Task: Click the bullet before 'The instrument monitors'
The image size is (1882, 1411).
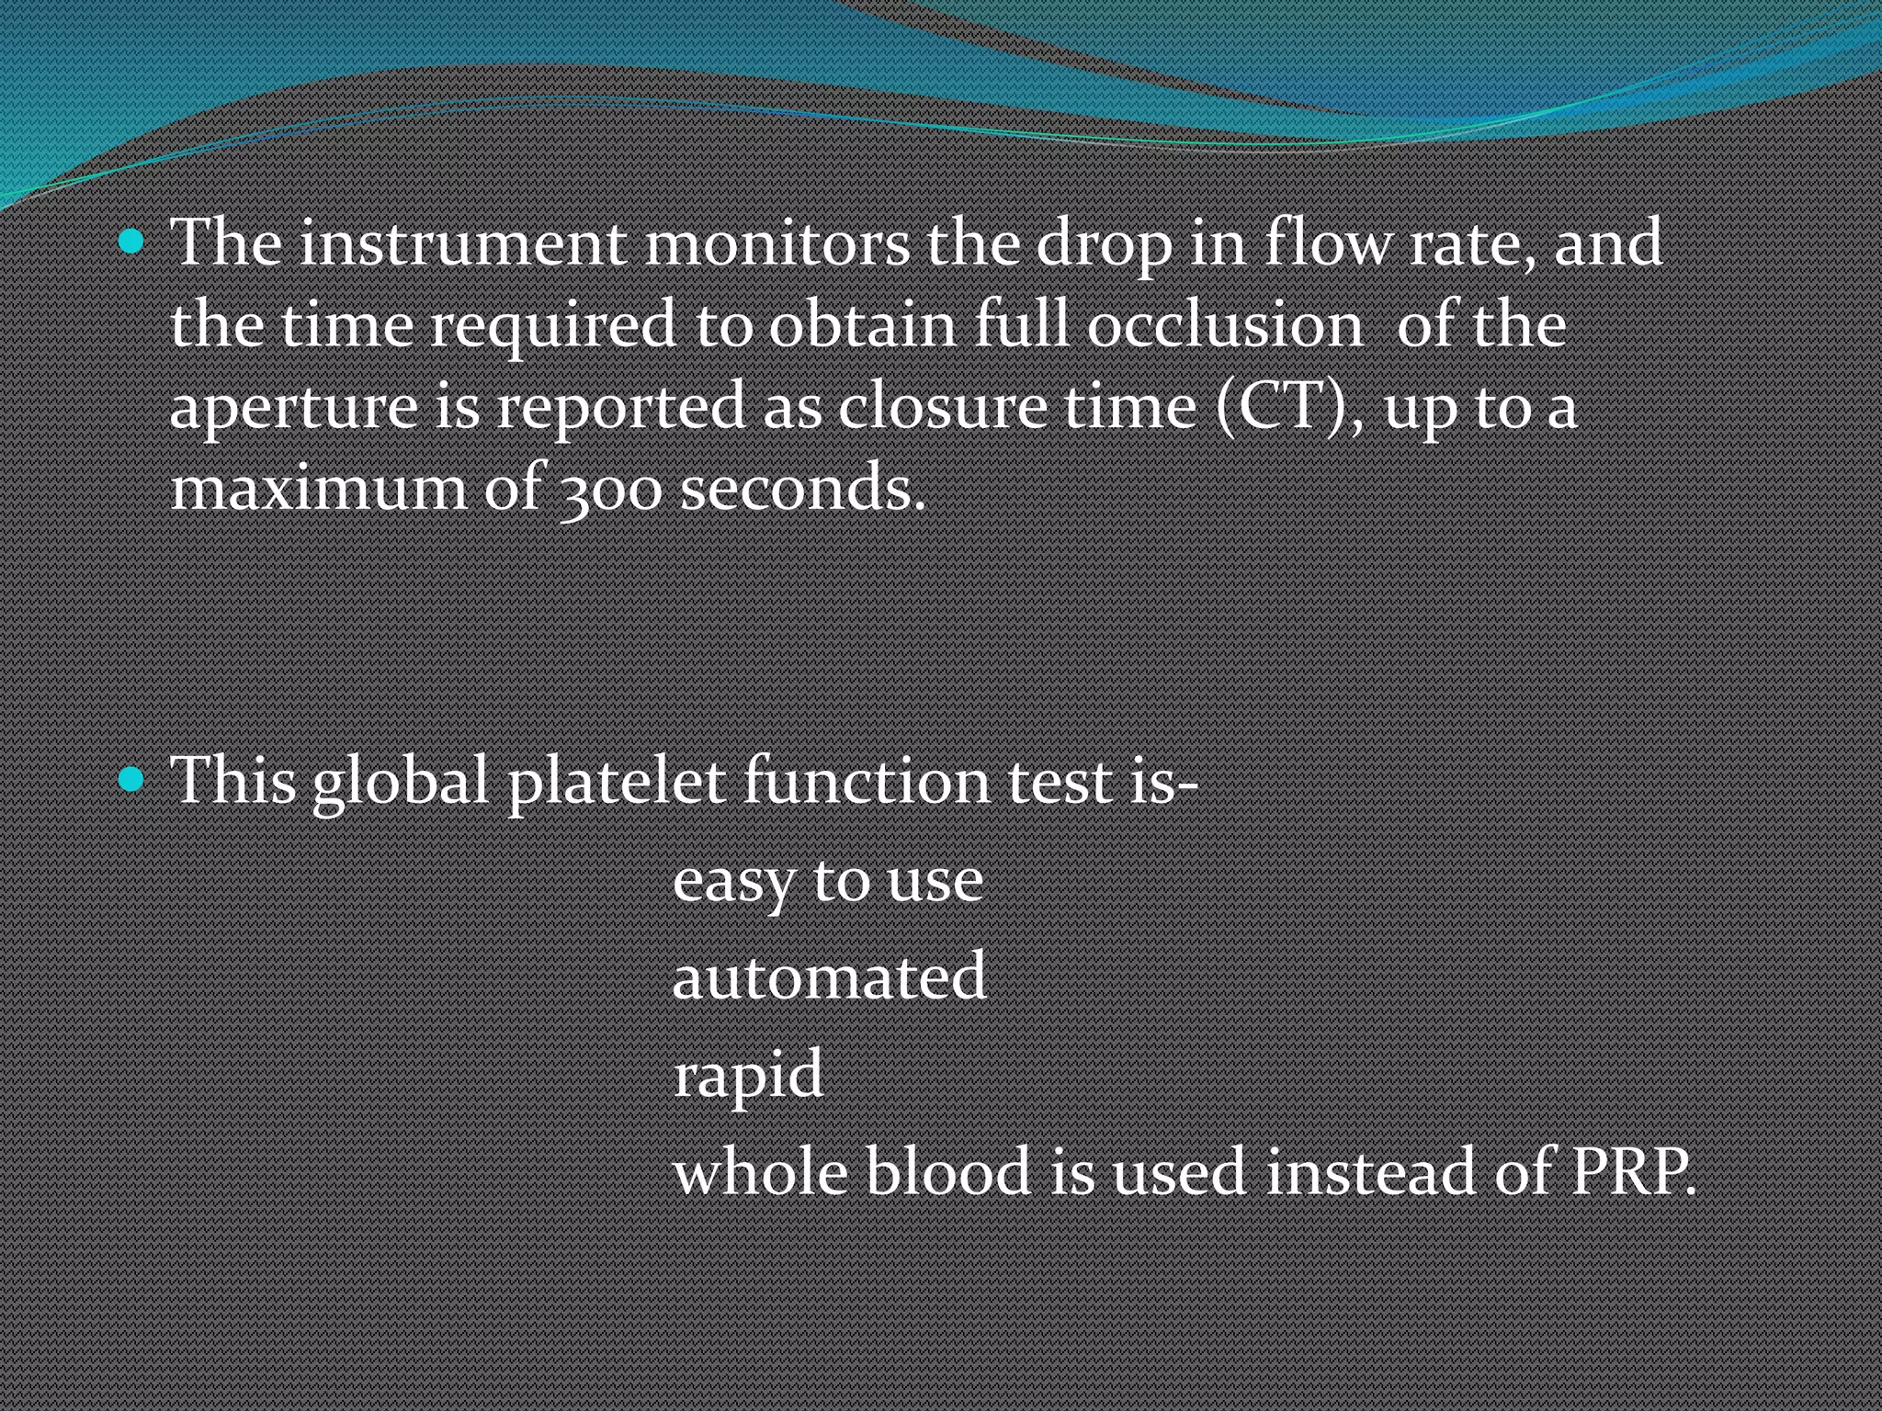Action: pyautogui.click(x=132, y=243)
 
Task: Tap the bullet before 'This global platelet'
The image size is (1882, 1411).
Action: pyautogui.click(x=132, y=780)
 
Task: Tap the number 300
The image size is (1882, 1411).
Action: pyautogui.click(x=610, y=490)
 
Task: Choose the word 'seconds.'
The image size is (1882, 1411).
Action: pyautogui.click(x=802, y=488)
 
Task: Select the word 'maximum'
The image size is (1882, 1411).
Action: pyautogui.click(x=319, y=488)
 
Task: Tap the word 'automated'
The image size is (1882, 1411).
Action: pyautogui.click(x=829, y=976)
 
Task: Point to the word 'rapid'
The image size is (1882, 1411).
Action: pyautogui.click(x=748, y=1076)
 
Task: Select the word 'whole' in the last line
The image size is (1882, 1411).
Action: pyautogui.click(x=759, y=1173)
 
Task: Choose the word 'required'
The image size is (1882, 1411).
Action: pyautogui.click(x=553, y=327)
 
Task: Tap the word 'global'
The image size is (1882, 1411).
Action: pyautogui.click(x=400, y=783)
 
